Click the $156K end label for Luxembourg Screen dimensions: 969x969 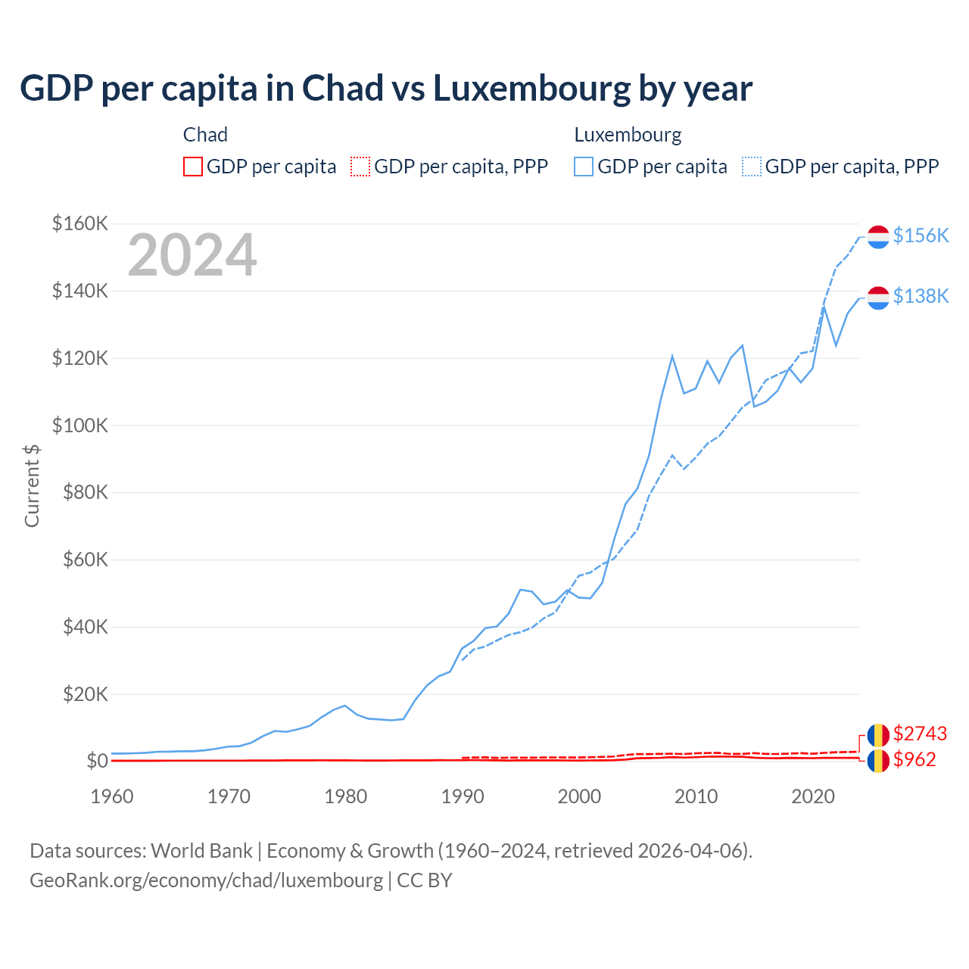pyautogui.click(x=921, y=235)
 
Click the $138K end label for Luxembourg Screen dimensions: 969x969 pyautogui.click(x=921, y=296)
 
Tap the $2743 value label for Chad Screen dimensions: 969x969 pyautogui.click(x=920, y=734)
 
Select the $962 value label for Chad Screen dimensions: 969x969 pyautogui.click(x=914, y=759)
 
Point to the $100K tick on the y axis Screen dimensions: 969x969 pyautogui.click(x=80, y=425)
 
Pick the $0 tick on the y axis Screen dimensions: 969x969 pyautogui.click(x=96, y=761)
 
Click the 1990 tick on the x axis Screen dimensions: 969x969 pyautogui.click(x=463, y=796)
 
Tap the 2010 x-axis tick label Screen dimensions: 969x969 pyautogui.click(x=696, y=796)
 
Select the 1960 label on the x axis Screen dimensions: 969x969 pyautogui.click(x=112, y=796)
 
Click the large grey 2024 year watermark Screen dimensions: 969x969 pyautogui.click(x=192, y=256)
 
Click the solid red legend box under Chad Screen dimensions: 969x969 pyautogui.click(x=193, y=167)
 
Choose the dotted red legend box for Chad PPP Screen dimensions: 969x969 pyautogui.click(x=360, y=167)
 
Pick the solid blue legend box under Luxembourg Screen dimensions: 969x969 pyautogui.click(x=584, y=167)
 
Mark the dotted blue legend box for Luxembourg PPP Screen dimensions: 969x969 pyautogui.click(x=751, y=167)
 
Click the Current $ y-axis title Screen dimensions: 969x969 pyautogui.click(x=32, y=485)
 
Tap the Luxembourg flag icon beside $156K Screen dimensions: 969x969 pyautogui.click(x=878, y=237)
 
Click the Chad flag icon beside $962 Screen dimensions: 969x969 pyautogui.click(x=878, y=761)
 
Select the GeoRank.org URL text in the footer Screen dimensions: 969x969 pyautogui.click(x=206, y=880)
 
